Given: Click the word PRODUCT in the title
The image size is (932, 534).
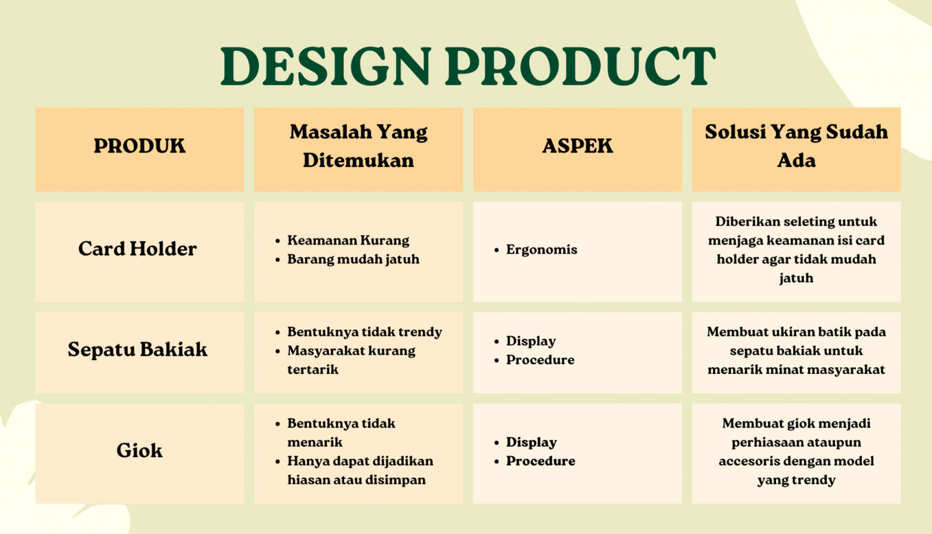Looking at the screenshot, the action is [580, 66].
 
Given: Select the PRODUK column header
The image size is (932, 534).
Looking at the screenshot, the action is [139, 146].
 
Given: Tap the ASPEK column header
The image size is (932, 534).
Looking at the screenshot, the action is [578, 146].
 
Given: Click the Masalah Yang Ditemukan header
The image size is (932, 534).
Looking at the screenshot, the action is [359, 146].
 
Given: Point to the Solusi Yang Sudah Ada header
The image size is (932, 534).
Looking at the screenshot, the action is [797, 146].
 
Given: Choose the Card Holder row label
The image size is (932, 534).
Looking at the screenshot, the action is [137, 249].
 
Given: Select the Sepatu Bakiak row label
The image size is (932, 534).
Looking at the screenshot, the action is [137, 349].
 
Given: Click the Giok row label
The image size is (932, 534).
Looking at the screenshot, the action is [139, 450].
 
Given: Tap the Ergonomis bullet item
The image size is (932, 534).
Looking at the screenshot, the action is [541, 249].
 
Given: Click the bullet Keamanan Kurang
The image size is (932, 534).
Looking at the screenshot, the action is [348, 241].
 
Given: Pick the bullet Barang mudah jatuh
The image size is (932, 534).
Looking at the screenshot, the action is [353, 259].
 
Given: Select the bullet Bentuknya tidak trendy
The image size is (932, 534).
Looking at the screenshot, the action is [365, 332].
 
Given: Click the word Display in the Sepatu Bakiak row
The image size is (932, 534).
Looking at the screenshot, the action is [531, 342].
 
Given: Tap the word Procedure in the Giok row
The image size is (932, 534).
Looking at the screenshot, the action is [541, 461].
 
